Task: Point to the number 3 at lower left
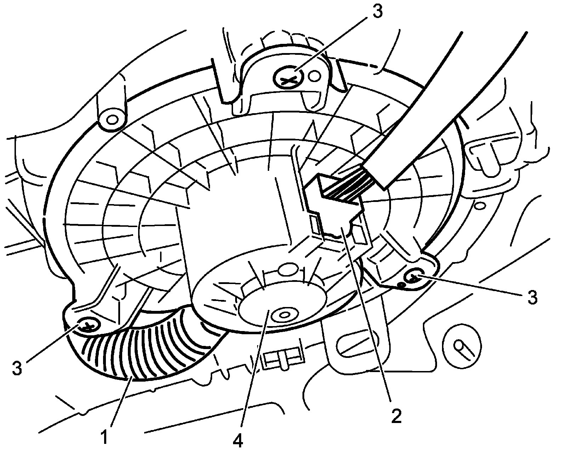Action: pyautogui.click(x=17, y=368)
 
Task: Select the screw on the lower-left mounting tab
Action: pyautogui.click(x=87, y=325)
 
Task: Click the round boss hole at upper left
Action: pyautogui.click(x=112, y=120)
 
